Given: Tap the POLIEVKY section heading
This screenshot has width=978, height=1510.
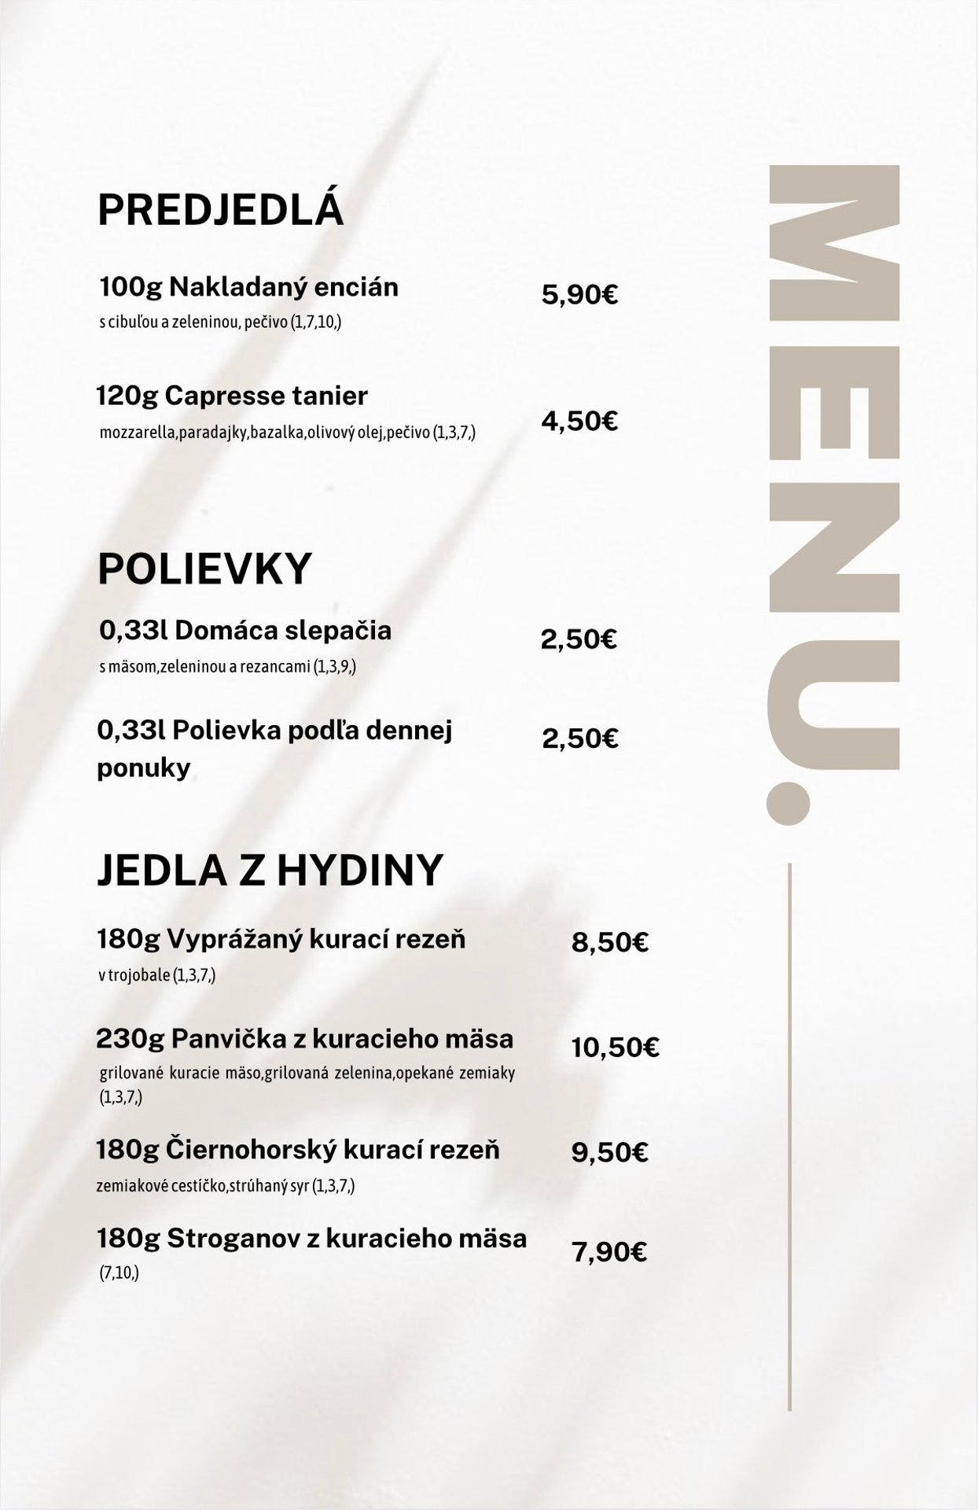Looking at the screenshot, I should click(x=204, y=569).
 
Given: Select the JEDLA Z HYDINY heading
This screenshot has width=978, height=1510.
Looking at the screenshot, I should click(x=270, y=870).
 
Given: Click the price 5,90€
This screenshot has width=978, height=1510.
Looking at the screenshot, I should click(x=579, y=296).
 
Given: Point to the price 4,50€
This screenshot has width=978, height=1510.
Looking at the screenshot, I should click(x=579, y=422).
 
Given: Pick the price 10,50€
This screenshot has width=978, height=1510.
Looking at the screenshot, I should click(x=615, y=1048).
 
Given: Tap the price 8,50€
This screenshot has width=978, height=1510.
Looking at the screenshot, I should click(x=609, y=942).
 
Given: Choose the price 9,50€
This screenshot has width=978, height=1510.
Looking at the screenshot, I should click(x=609, y=1153).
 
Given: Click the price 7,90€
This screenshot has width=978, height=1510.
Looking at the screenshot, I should click(x=609, y=1252).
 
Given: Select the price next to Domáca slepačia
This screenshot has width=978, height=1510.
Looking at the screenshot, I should click(x=579, y=639).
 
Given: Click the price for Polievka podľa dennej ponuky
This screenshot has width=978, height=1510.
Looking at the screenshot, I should click(x=580, y=739).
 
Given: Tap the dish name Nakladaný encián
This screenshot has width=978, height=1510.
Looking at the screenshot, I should click(x=283, y=287).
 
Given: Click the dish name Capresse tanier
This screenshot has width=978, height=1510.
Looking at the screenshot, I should click(x=267, y=396).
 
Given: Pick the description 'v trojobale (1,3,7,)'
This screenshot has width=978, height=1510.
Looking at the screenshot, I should click(x=156, y=975).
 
